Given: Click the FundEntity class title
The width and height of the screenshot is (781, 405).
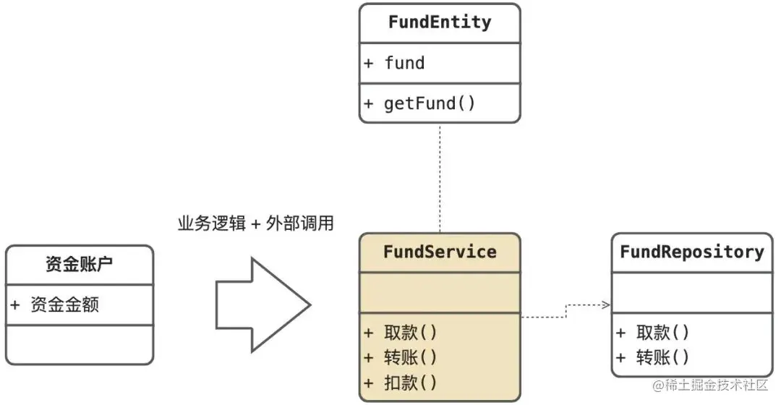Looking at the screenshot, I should click(x=440, y=22).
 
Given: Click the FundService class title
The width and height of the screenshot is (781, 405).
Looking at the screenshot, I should click(x=440, y=252).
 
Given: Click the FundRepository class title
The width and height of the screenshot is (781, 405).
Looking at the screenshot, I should click(x=692, y=252).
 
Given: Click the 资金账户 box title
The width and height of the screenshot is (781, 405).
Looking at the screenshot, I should click(x=80, y=265).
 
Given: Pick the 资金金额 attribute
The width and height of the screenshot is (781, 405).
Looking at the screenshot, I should click(x=64, y=304).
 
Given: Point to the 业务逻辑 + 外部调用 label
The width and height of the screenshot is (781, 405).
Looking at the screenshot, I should click(x=255, y=223).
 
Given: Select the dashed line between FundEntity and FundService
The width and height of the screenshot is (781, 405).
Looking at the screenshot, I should click(x=440, y=177).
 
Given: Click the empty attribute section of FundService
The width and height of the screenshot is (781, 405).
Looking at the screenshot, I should click(x=440, y=293).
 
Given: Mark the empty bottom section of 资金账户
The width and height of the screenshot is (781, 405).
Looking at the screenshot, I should click(x=80, y=344).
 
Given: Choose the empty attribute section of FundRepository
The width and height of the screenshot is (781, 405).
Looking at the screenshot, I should click(x=692, y=293).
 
